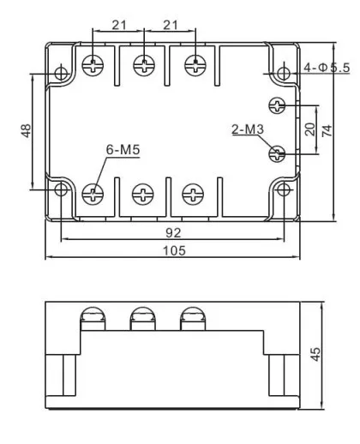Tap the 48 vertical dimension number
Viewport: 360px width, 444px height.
[x=26, y=131]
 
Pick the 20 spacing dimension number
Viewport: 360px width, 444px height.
[x=309, y=129]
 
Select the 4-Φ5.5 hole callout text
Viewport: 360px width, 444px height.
[x=327, y=68]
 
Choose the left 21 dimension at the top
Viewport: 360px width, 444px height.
[x=118, y=25]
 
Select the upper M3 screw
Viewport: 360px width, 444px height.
[x=277, y=105]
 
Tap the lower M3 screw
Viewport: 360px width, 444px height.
[x=277, y=153]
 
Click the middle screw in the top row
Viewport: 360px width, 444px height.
[x=144, y=64]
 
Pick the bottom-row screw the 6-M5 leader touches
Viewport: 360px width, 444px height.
[x=92, y=195]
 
